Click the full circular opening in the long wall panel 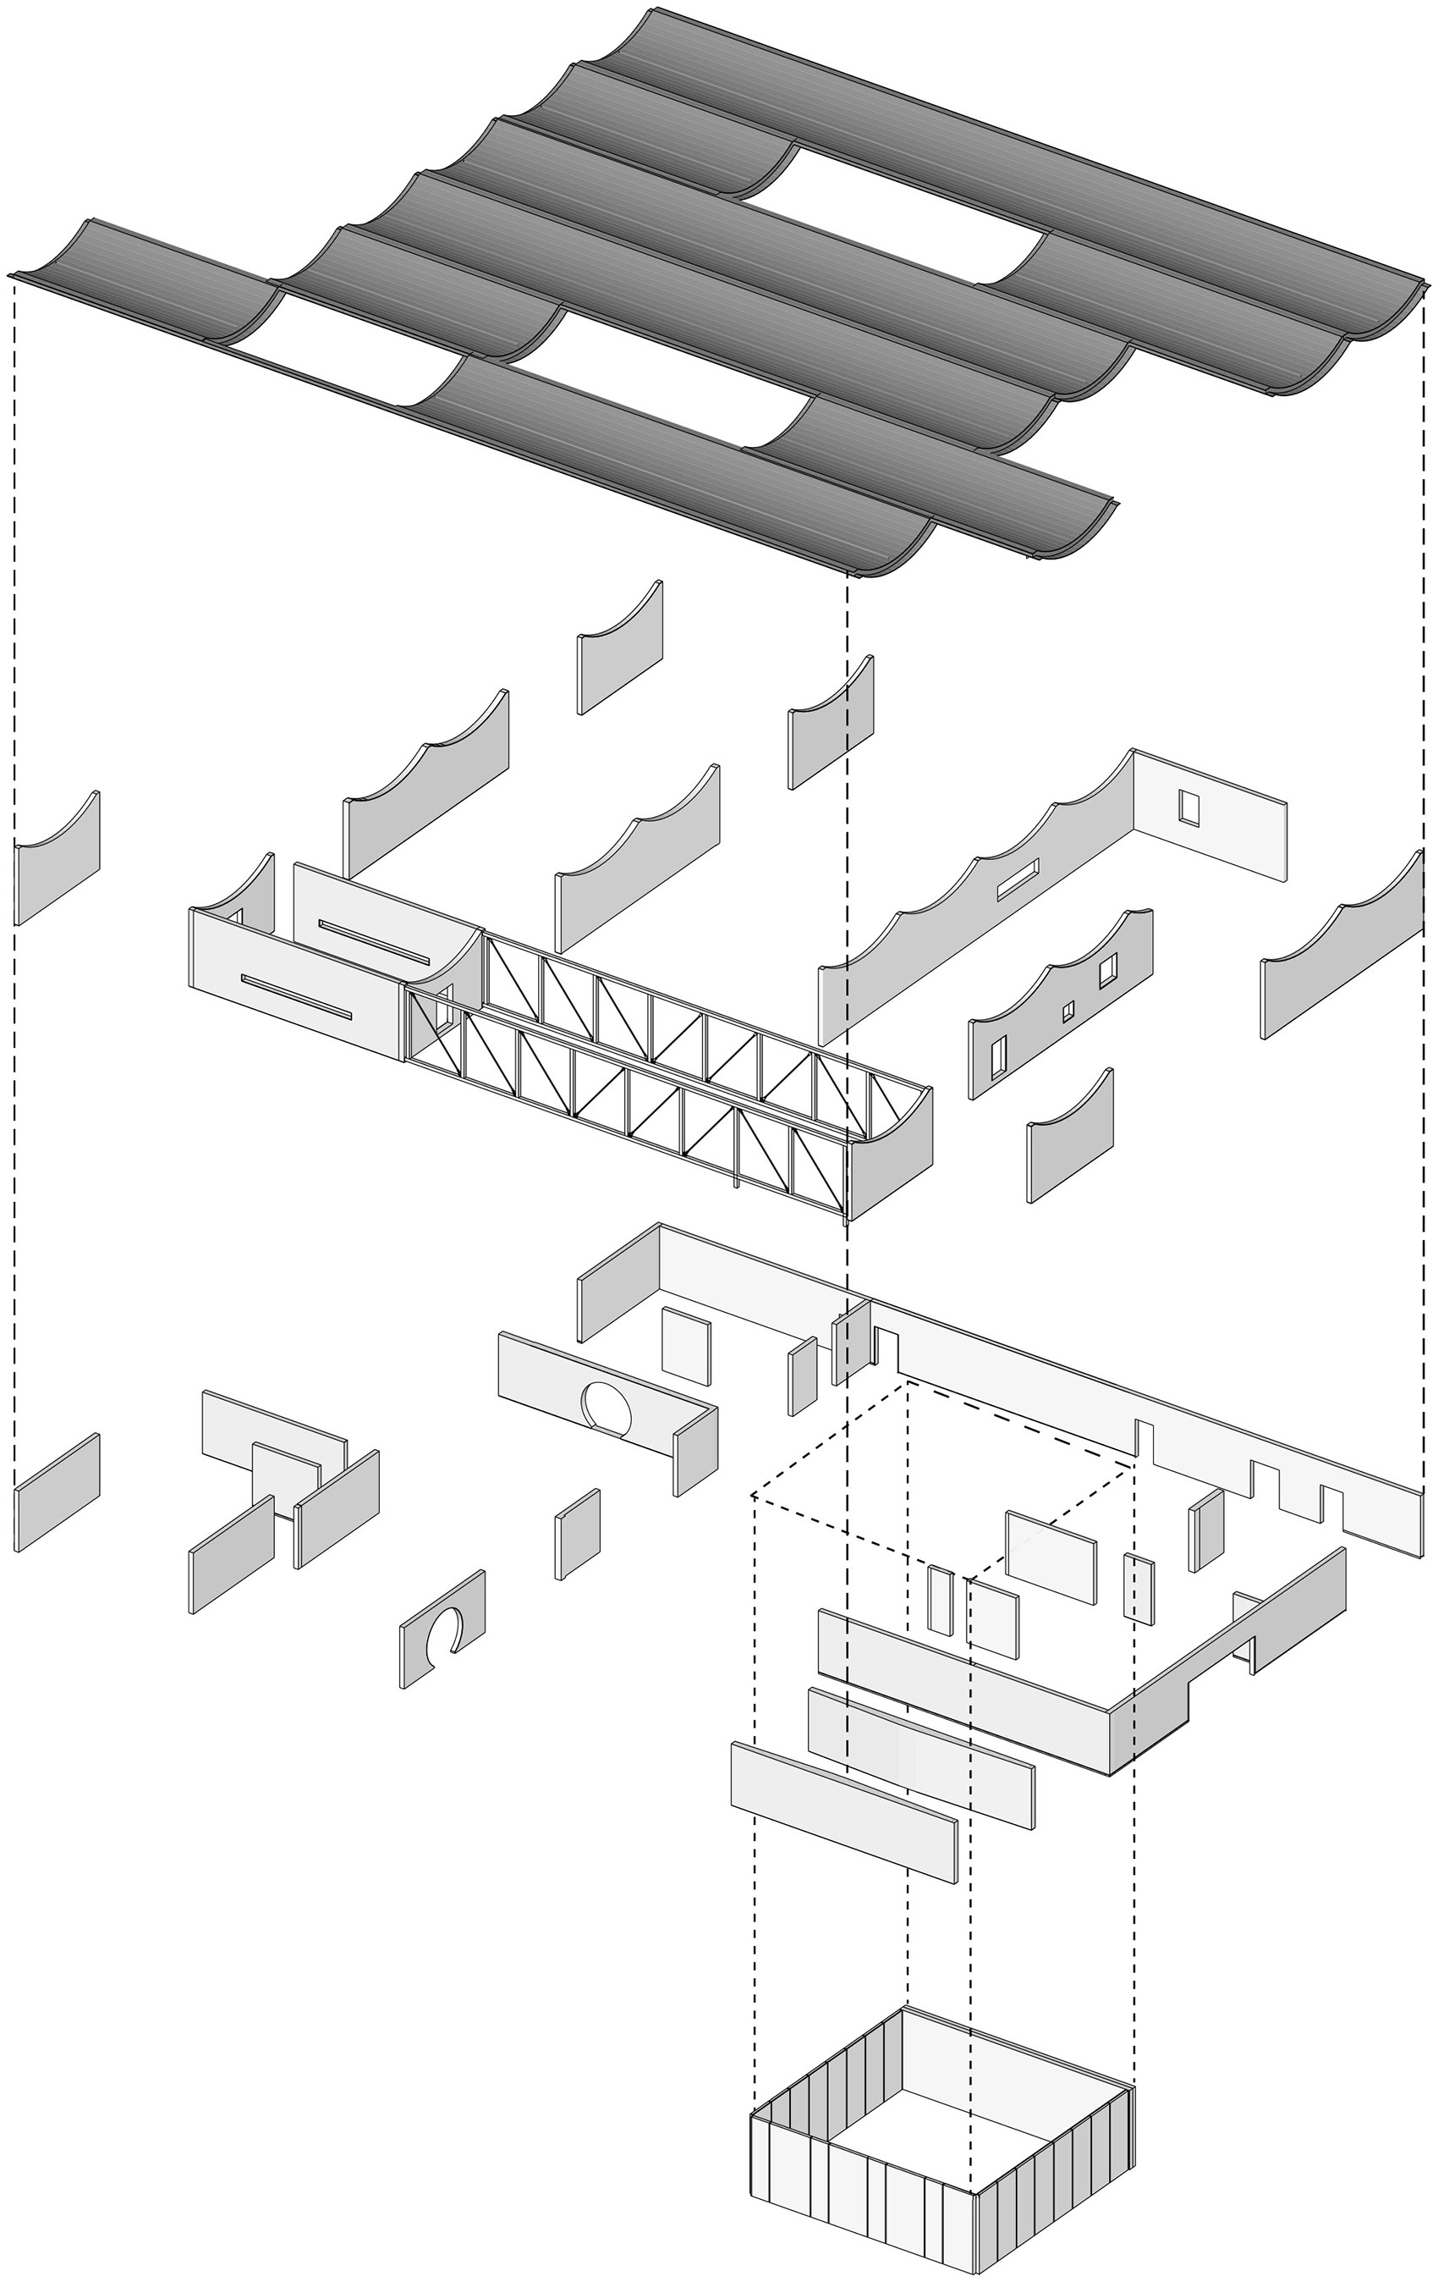606,1406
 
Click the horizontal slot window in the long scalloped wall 1018,879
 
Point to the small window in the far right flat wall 1188,807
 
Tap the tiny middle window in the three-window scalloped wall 1068,1012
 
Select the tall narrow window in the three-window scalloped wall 998,1057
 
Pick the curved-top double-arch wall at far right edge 1342,952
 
